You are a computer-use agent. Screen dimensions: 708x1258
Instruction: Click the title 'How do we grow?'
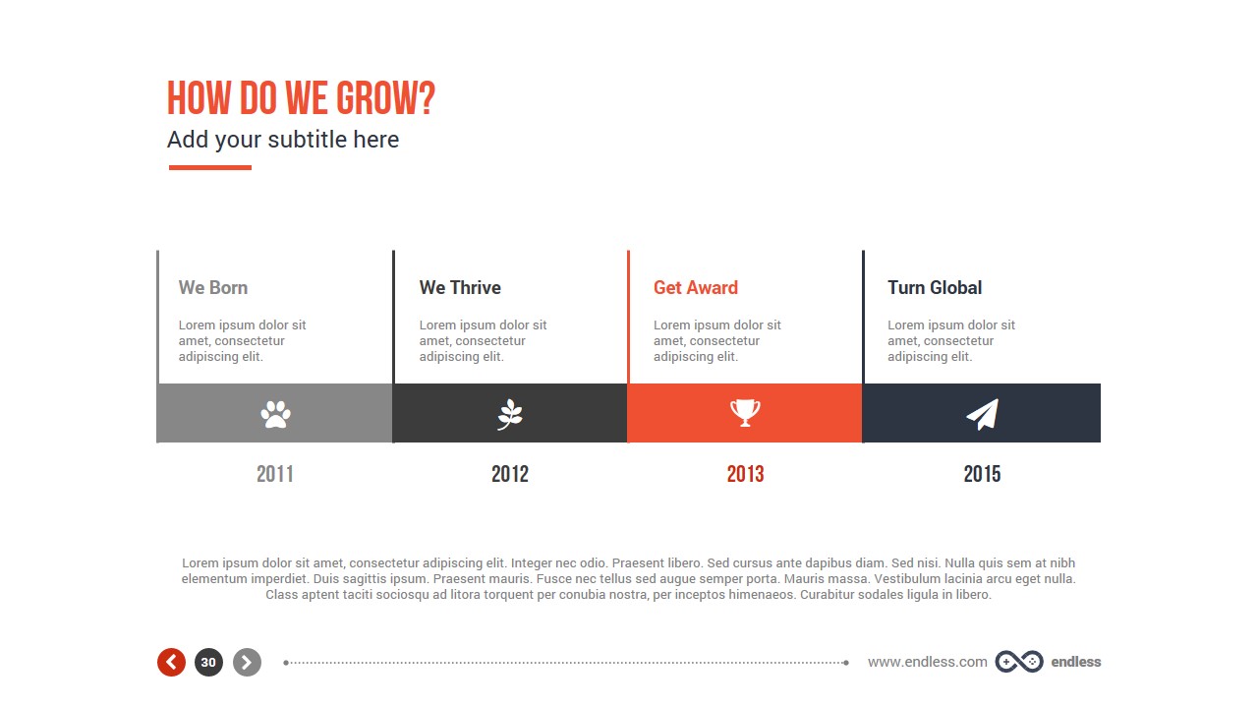(301, 99)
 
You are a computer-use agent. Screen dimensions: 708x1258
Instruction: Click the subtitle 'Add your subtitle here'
(283, 140)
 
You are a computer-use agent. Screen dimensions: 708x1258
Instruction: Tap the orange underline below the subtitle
(210, 167)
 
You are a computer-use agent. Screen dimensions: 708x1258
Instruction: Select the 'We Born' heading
(213, 288)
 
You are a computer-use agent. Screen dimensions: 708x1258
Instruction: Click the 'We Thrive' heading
(460, 288)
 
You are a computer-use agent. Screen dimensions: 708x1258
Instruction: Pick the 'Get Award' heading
(696, 288)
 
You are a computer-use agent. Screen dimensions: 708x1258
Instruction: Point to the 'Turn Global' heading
(935, 288)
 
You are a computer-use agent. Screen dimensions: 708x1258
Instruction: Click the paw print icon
(275, 414)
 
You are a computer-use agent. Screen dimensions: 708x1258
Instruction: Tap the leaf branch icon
(510, 414)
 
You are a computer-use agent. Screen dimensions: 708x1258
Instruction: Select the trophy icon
(745, 413)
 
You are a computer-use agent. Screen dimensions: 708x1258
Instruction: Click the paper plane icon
(982, 414)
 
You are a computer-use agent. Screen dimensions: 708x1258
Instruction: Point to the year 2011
(275, 474)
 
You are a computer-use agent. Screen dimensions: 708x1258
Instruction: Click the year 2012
(510, 474)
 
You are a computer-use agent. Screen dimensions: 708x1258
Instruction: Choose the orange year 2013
(745, 474)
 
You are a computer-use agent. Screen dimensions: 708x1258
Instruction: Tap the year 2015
(982, 474)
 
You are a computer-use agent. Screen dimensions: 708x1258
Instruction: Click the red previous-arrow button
(171, 663)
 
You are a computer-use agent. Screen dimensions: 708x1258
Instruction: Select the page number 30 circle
(208, 663)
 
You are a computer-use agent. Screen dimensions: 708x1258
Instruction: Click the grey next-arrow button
(247, 663)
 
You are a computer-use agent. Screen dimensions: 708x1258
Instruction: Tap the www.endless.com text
(927, 662)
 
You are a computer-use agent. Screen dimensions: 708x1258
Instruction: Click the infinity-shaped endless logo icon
(1018, 662)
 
